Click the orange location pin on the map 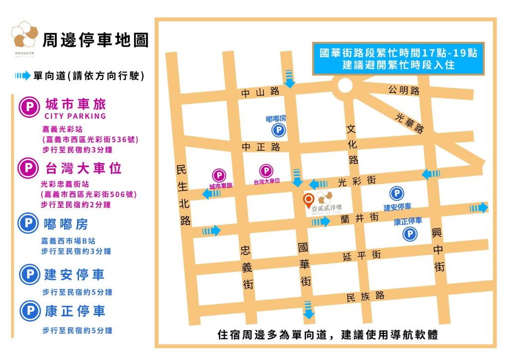tap(309, 200)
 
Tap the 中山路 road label tap(260, 92)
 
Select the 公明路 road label tap(404, 90)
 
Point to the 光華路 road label tap(409, 122)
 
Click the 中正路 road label tap(261, 147)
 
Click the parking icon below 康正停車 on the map tap(410, 234)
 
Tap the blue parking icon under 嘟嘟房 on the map tap(278, 131)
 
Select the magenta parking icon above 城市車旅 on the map tap(219, 175)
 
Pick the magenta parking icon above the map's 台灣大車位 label tap(266, 170)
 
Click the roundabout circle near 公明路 tap(344, 85)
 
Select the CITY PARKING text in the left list tap(75, 116)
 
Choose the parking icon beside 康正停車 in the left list tap(29, 311)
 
